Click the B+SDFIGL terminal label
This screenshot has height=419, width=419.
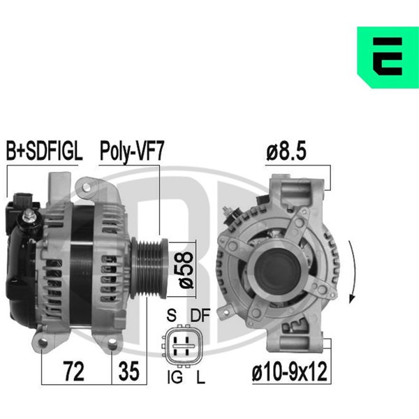click(44, 152)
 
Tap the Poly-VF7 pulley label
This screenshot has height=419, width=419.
click(131, 152)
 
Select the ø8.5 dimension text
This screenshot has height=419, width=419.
click(286, 152)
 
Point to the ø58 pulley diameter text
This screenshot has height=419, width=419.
click(186, 270)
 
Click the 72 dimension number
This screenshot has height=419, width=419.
click(74, 372)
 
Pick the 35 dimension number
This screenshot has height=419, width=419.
click(128, 372)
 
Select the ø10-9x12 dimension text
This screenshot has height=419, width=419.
click(289, 372)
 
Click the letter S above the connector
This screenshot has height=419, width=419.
click(171, 316)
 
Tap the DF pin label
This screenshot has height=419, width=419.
click(200, 316)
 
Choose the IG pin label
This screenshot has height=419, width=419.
click(175, 377)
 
